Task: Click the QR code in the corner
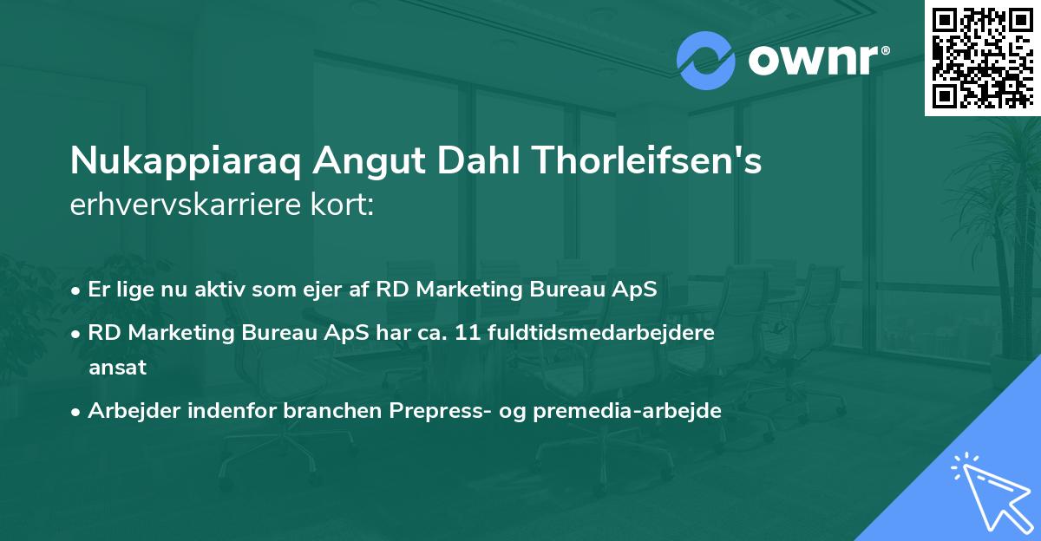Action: (x=982, y=58)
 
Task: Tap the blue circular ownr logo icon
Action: (x=706, y=61)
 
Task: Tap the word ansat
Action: (x=117, y=368)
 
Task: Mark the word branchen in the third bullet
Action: (x=324, y=411)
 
